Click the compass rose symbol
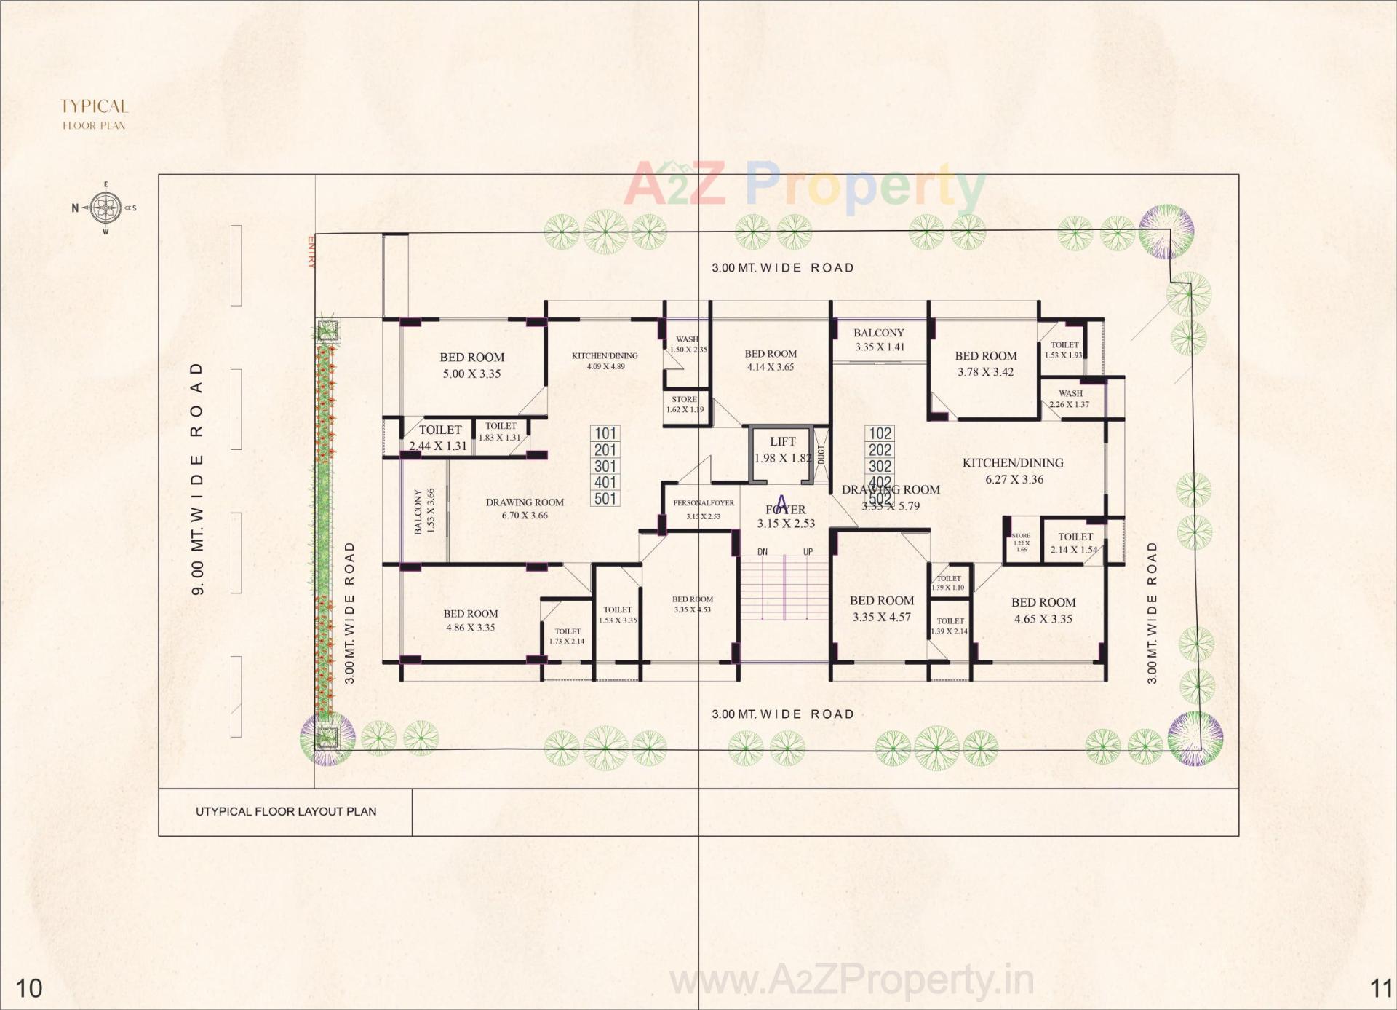coord(106,208)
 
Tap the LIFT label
coord(782,442)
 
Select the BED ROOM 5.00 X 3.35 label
coord(471,366)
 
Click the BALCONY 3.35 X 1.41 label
coord(879,339)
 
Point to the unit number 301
coord(605,466)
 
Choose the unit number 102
coord(880,433)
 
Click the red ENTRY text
coord(312,252)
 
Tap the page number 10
coord(29,988)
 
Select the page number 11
coord(1381,988)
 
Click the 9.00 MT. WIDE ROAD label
coord(197,478)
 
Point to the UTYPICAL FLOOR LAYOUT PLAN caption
coord(286,811)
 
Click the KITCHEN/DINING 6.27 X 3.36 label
coord(1013,470)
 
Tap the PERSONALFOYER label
coord(703,503)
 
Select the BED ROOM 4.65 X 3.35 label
coord(1043,610)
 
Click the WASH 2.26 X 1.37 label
coord(1070,399)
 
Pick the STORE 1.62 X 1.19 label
coord(685,404)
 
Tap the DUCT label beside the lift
coord(821,455)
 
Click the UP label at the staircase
coord(808,552)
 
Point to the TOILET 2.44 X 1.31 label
coord(439,438)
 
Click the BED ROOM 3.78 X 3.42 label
coord(985,363)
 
